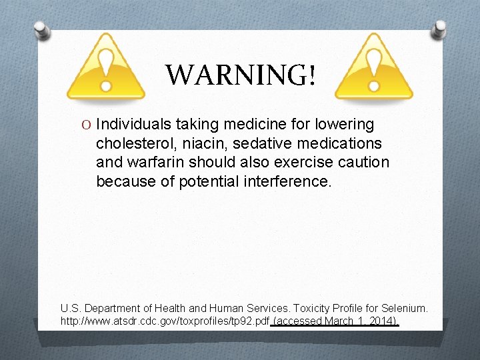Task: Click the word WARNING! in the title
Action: point(240,75)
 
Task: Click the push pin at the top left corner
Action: point(42,29)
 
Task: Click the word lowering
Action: point(343,125)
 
